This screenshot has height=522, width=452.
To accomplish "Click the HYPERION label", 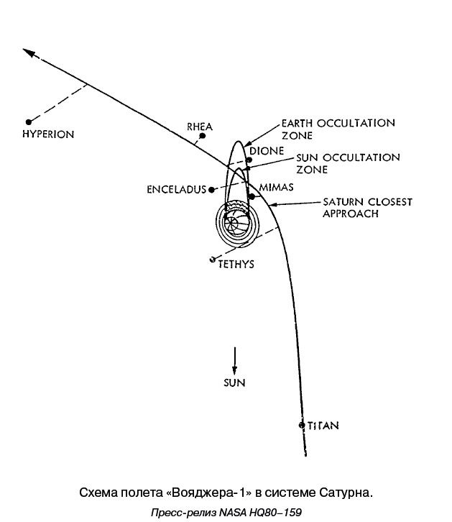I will click(48, 134).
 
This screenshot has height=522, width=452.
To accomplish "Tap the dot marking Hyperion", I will click(28, 122).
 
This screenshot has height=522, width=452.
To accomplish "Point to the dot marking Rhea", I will click(204, 134).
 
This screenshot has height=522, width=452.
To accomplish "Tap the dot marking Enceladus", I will click(213, 189).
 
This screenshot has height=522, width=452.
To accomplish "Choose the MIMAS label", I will click(275, 186).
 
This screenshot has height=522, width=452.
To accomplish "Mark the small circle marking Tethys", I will click(212, 259).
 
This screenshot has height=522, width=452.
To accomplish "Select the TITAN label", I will click(322, 426).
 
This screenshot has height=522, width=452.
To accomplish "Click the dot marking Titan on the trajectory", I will click(302, 425).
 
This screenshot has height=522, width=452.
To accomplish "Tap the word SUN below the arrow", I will click(234, 383).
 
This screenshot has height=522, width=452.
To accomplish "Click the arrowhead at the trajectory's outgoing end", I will click(28, 52).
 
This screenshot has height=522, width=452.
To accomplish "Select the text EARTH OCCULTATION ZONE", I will click(338, 129).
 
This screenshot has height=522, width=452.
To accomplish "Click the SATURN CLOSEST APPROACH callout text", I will click(366, 208).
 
